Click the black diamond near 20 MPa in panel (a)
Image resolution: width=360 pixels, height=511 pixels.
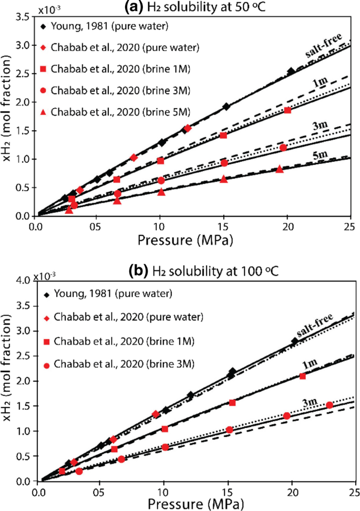pyautogui.click(x=291, y=71)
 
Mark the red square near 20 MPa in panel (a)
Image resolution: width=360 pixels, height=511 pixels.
pyautogui.click(x=287, y=110)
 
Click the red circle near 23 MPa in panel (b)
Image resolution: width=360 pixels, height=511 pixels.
pyautogui.click(x=330, y=405)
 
